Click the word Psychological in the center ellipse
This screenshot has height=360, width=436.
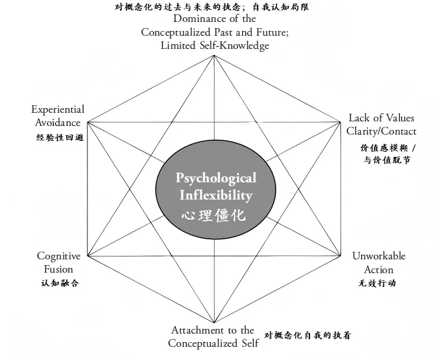[216, 178]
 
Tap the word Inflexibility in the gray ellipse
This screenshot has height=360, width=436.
[216, 195]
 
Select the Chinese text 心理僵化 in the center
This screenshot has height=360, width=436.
[213, 216]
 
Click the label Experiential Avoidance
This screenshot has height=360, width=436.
[58, 116]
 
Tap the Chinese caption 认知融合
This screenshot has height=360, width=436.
[56, 284]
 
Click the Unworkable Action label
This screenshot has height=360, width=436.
[378, 262]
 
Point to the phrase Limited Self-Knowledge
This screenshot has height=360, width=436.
[215, 45]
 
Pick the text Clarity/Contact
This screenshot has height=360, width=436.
[381, 131]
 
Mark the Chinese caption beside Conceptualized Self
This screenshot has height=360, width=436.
[307, 335]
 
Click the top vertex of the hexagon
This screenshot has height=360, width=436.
[214, 55]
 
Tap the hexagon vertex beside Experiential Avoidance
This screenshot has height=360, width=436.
[87, 122]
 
